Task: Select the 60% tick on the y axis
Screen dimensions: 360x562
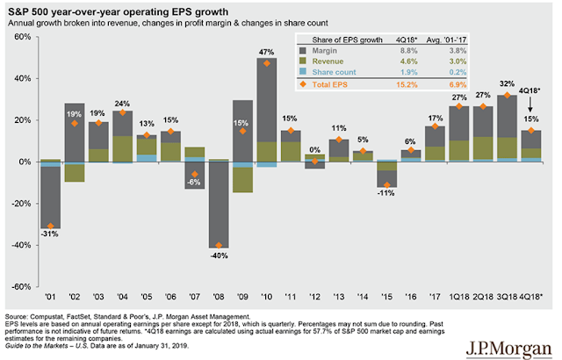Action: (x=22, y=38)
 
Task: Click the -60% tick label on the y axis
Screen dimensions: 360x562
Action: (x=19, y=286)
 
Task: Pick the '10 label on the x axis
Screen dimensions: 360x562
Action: (x=263, y=297)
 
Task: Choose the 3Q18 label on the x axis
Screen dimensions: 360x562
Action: (x=507, y=297)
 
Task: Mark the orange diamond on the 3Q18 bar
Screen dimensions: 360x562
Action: (x=507, y=95)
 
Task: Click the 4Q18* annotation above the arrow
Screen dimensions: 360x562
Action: (x=530, y=89)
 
